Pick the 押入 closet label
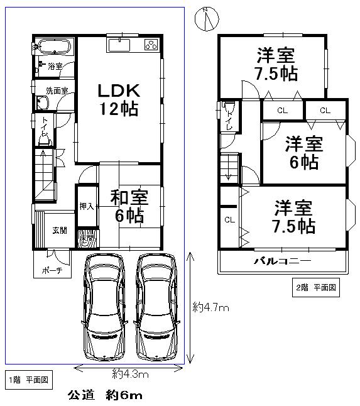point(86,206)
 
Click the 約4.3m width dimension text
point(130,375)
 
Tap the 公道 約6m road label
point(105,395)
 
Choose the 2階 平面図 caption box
point(317,288)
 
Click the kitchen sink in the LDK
point(118,45)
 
